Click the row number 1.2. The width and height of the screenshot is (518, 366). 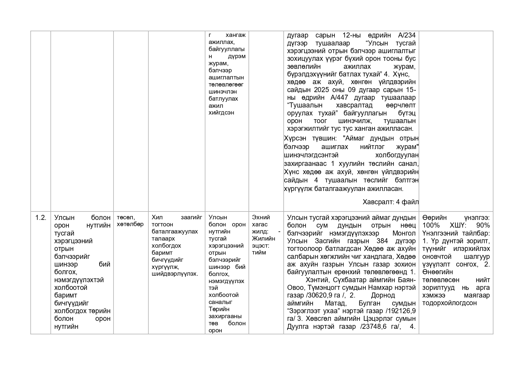(41, 218)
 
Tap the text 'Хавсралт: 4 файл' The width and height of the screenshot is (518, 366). (390, 202)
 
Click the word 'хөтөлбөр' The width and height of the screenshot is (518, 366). (130, 224)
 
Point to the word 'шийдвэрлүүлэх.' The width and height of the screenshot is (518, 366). (174, 274)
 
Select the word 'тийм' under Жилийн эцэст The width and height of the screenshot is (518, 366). (259, 253)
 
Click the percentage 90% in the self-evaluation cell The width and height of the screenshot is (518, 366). (483, 226)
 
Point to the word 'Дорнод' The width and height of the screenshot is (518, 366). (383, 295)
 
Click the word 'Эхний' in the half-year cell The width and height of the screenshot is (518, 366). (261, 218)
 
